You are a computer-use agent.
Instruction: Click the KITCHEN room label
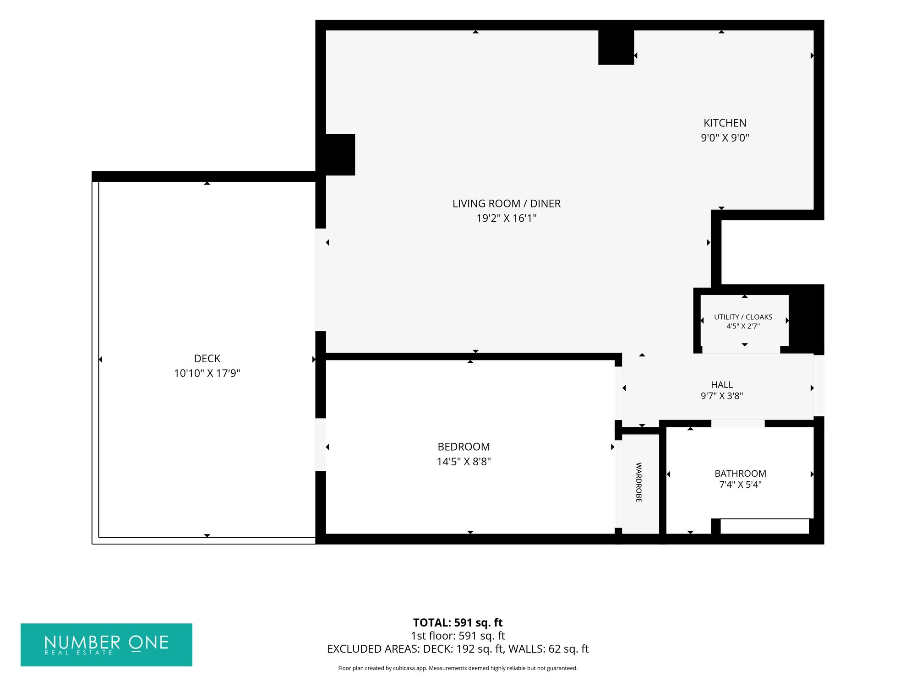(x=725, y=123)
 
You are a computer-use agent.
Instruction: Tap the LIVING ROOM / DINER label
(x=507, y=203)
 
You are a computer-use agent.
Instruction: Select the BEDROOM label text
(x=463, y=447)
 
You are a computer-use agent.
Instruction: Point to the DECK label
(x=207, y=359)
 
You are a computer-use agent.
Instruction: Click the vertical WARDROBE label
(x=639, y=482)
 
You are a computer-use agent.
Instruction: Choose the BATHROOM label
(x=740, y=474)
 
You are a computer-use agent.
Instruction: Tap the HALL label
(x=722, y=385)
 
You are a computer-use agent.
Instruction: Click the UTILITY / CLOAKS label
(x=743, y=317)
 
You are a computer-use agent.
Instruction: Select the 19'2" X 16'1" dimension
(x=507, y=218)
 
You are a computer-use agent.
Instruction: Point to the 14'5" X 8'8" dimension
(x=463, y=461)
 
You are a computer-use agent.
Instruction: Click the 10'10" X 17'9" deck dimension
(x=207, y=373)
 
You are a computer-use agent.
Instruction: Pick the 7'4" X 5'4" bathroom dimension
(x=740, y=485)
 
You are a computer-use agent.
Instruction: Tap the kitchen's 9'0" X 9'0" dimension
(x=725, y=137)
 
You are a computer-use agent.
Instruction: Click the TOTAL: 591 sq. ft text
(x=458, y=622)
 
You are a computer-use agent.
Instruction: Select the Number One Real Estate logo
(x=106, y=645)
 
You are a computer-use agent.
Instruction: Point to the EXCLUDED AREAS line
(x=458, y=649)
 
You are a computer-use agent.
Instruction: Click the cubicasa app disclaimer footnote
(x=458, y=668)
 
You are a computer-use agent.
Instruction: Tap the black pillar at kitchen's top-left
(x=616, y=47)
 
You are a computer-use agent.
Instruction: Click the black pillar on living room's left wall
(x=340, y=154)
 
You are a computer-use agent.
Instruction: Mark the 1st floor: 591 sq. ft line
(x=458, y=636)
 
